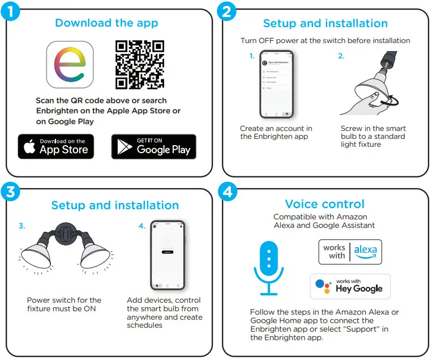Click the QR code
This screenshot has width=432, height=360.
click(x=140, y=65)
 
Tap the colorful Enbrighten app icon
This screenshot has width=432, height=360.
click(x=70, y=65)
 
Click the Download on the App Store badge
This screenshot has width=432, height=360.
click(x=56, y=147)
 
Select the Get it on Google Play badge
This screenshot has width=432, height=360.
click(x=153, y=147)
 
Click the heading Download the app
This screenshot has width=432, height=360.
click(x=106, y=23)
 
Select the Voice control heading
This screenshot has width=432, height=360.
click(x=324, y=204)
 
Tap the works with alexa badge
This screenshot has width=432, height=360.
click(x=350, y=251)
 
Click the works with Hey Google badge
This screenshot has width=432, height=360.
click(x=350, y=286)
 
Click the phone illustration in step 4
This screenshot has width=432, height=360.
click(x=167, y=253)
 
